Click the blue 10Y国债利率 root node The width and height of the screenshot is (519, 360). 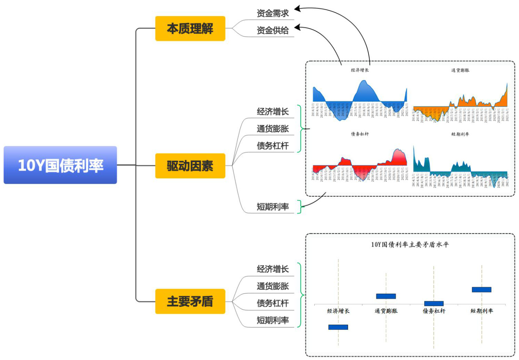point(60,165)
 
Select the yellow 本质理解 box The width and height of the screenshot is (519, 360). point(190,29)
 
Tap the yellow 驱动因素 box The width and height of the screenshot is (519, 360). point(190,166)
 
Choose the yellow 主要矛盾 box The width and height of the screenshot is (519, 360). point(190,301)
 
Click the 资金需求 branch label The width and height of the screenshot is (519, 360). point(273,13)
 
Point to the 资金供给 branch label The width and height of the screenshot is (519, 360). point(273,31)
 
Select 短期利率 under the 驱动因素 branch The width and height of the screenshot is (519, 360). point(273,207)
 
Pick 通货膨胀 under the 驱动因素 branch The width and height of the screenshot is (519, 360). point(273,129)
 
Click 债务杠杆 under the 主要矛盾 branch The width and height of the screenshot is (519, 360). point(273,303)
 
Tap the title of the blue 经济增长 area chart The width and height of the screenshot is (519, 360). point(360,70)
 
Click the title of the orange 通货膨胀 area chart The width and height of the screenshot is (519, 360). point(460,70)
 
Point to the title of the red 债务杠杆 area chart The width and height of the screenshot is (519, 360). point(360,134)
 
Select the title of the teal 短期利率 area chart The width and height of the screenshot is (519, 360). point(460,134)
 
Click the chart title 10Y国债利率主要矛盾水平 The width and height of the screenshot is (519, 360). point(410,245)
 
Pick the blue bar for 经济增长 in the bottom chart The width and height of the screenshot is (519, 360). point(338,327)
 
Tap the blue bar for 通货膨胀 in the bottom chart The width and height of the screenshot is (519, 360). point(386,296)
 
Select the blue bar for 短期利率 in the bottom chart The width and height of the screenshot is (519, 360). point(481,290)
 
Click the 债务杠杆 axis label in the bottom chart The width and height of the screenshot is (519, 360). point(434,311)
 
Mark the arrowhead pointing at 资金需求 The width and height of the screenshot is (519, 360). point(297,8)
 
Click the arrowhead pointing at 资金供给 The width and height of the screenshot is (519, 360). point(297,27)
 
